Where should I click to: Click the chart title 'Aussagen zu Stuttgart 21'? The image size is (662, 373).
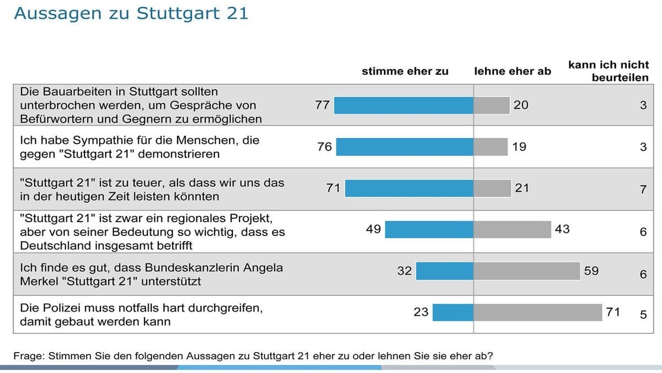pos(131,13)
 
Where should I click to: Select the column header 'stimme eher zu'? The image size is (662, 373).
pos(405,71)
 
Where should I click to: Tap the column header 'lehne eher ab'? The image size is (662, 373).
pos(512,71)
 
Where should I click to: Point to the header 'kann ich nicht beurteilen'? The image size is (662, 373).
pos(608,71)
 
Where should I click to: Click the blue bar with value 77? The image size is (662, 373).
pos(403,105)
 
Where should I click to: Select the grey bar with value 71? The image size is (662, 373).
pos(537,312)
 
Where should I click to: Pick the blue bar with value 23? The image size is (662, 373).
pos(452,312)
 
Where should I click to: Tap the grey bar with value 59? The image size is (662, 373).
pos(526,271)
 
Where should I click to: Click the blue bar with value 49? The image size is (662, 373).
pos(429,229)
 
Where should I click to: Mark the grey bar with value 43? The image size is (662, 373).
pos(512,229)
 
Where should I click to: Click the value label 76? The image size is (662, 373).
pos(324,147)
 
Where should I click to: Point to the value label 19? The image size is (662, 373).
pos(519,147)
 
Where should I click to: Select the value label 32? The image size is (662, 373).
pos(404,271)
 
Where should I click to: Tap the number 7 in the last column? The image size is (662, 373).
pos(643,189)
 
